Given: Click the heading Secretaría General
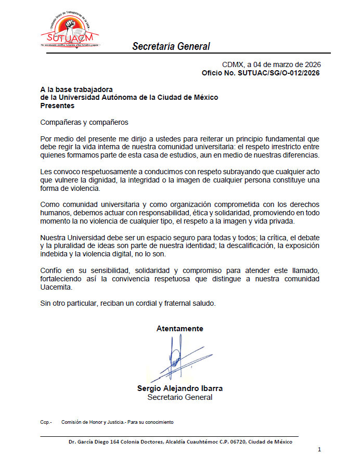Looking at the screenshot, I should coord(171,46).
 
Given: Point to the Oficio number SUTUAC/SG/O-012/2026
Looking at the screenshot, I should coord(278,73).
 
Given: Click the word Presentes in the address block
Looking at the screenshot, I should coord(57,106).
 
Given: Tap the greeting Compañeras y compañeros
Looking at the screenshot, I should coord(84,123).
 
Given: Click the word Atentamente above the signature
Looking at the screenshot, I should coord(180,329).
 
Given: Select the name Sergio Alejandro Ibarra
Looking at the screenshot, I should coord(180,388).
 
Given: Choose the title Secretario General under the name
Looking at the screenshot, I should coord(180,397).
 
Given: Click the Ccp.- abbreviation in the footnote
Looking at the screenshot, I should coord(46,422).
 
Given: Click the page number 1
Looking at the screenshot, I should coord(319,449).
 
